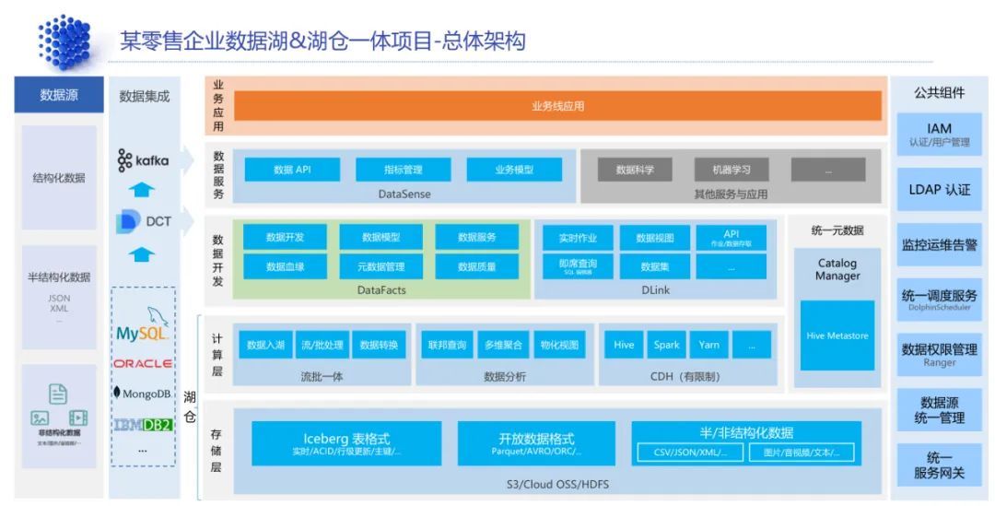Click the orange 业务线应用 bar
tap(557, 106)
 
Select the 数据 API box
tap(292, 170)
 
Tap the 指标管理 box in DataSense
tap(403, 170)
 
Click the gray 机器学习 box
tap(732, 170)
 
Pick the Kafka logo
tap(143, 161)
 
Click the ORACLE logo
tap(143, 363)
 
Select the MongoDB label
tap(143, 394)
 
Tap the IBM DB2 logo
tap(143, 425)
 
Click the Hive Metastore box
tap(837, 335)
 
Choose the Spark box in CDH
tap(666, 345)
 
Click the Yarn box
tap(708, 345)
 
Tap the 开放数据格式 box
tap(535, 443)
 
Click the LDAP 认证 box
tap(939, 189)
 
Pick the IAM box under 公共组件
tap(939, 135)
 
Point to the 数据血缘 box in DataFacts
tap(285, 266)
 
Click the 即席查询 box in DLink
tap(578, 266)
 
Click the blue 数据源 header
tap(59, 95)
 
